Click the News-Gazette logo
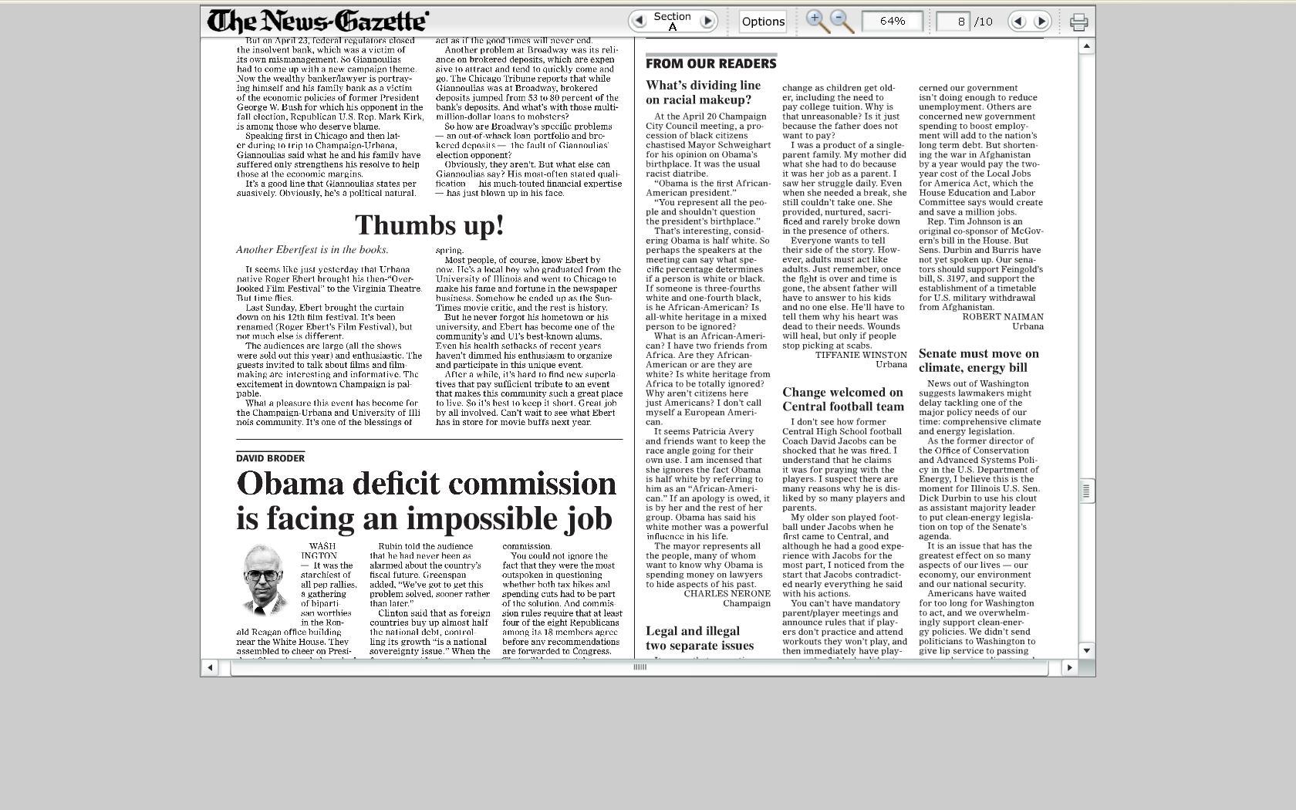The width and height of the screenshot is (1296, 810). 318,21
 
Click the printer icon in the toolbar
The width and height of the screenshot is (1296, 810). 1078,22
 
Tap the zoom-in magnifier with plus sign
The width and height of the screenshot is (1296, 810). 817,21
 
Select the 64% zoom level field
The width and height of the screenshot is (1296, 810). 892,21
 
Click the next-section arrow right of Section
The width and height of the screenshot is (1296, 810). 707,21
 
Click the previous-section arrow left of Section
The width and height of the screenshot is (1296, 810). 639,21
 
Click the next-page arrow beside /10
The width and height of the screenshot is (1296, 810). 1041,22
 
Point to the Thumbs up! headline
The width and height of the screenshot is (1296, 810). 429,225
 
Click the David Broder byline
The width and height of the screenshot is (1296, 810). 270,458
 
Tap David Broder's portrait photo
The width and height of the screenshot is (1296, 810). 265,580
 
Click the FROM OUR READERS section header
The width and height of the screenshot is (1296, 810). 710,63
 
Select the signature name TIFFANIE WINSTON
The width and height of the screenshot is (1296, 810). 861,355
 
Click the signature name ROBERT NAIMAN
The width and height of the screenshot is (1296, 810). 1002,317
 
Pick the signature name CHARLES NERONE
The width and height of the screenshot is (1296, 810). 727,594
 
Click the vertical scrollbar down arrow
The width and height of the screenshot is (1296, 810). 1086,650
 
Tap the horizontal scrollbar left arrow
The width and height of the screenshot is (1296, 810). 210,667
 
